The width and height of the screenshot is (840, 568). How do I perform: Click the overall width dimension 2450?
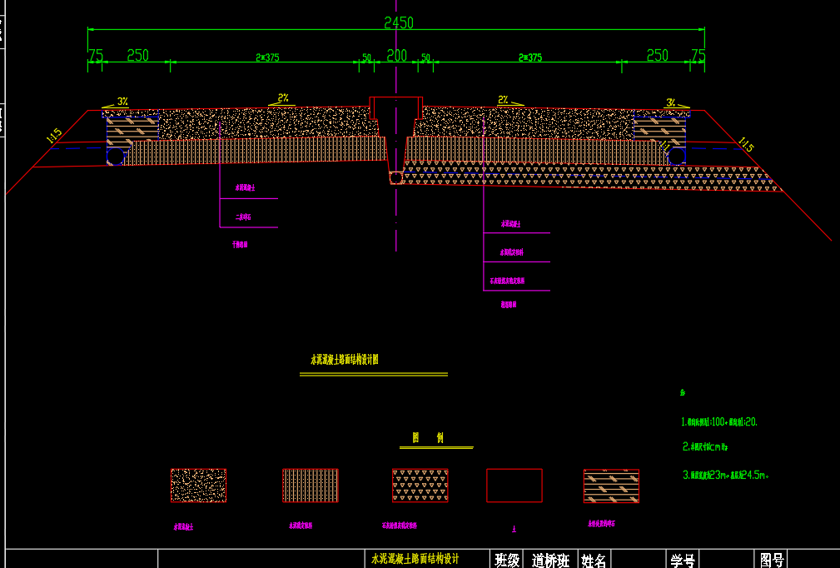398,22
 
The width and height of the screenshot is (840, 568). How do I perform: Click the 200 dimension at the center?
397,56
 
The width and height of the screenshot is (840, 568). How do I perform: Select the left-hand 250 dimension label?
137,56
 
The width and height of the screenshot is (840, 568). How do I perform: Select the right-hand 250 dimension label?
657,56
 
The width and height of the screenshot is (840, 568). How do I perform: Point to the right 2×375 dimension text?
529,57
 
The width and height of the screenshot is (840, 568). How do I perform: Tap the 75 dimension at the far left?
96,56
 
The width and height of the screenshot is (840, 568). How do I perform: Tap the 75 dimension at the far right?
698,56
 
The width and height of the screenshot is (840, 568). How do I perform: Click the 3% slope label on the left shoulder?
122,102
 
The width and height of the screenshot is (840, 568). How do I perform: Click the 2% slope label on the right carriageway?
503,99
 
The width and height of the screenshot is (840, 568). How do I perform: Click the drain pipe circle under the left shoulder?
115,156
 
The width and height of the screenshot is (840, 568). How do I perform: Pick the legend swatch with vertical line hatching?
310,486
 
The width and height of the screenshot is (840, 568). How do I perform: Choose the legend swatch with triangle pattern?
420,486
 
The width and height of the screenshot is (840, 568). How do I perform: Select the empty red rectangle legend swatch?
514,486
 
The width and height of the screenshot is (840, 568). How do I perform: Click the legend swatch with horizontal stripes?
611,486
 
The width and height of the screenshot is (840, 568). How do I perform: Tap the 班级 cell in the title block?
507,560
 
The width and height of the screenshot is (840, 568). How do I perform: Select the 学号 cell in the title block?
683,560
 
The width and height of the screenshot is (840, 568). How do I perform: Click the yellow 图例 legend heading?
428,438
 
